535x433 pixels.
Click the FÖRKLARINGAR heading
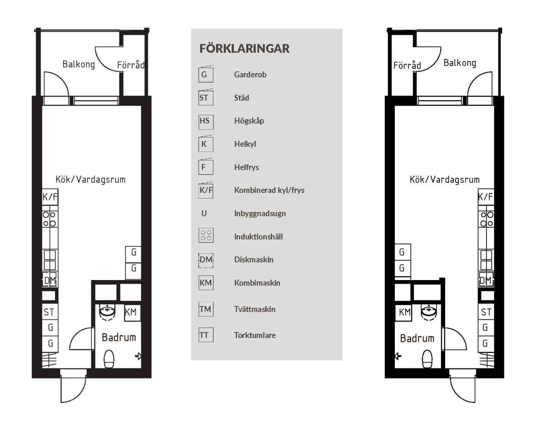(x=244, y=48)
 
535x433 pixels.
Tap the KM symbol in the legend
(x=206, y=283)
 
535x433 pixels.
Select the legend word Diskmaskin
(x=254, y=260)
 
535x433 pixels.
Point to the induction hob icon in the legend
(x=206, y=235)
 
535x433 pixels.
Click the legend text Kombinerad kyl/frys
(x=269, y=191)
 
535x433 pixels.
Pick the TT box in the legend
(x=206, y=335)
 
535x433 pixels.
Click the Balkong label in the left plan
(x=79, y=64)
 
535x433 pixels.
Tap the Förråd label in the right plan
(x=407, y=65)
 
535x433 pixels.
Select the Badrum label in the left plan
(x=119, y=337)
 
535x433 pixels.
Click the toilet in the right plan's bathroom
(x=427, y=359)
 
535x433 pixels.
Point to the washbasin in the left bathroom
(x=107, y=312)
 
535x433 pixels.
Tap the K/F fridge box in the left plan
(x=50, y=197)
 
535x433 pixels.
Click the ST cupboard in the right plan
(x=486, y=312)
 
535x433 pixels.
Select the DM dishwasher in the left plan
(x=50, y=281)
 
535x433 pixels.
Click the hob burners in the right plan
(x=487, y=219)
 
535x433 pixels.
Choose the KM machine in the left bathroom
(x=131, y=312)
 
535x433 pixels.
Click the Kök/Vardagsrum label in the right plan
(x=444, y=179)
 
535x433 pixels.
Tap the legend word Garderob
(x=250, y=75)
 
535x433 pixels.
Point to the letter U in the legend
(x=204, y=214)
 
